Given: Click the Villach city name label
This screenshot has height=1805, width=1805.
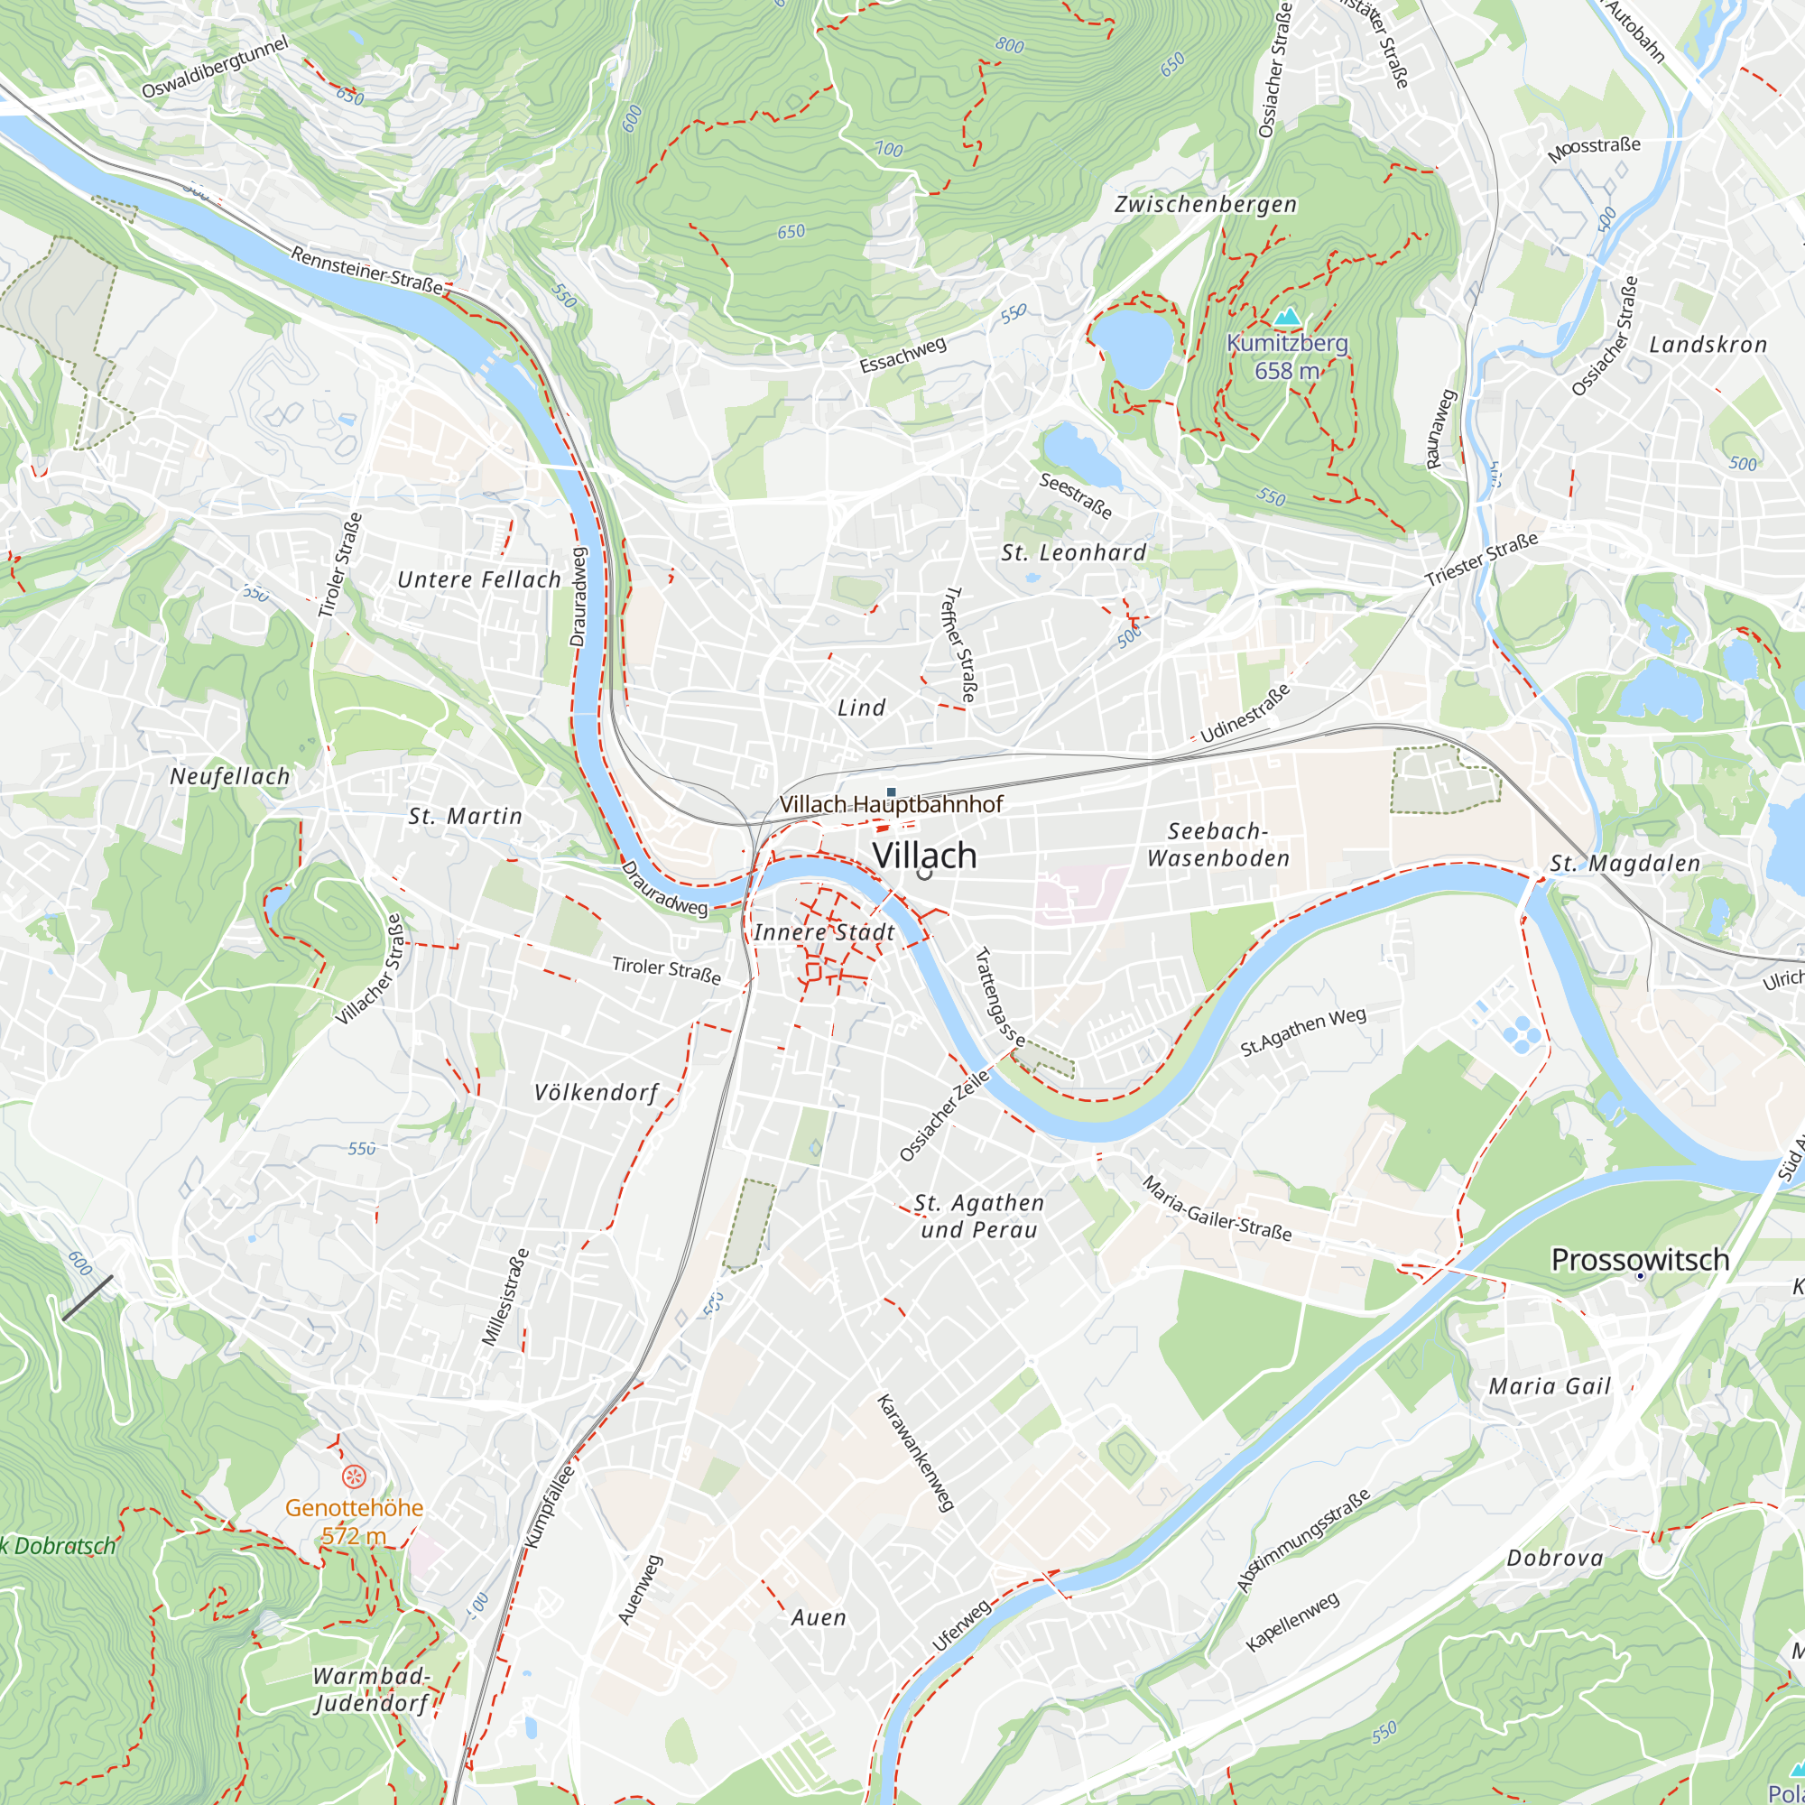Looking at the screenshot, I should (x=924, y=855).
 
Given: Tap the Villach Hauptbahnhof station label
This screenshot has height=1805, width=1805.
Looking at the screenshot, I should (x=892, y=804).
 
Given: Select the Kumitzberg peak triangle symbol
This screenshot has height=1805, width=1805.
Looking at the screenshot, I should (x=1288, y=317).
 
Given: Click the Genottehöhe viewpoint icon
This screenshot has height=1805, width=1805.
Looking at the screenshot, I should (x=353, y=1476).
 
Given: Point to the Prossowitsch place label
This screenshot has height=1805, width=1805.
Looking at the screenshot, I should (x=1640, y=1259).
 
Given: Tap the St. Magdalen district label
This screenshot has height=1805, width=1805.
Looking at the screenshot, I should (x=1624, y=864).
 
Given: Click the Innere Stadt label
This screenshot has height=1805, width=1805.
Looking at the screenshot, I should (x=824, y=932).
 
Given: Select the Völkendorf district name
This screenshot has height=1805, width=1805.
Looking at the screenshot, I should (x=596, y=1092).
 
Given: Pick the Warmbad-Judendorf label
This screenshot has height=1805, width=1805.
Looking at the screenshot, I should (x=371, y=1689).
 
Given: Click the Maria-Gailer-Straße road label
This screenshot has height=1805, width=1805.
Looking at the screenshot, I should (x=1217, y=1209).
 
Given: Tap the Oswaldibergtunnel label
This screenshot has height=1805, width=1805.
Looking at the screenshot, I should (x=215, y=68).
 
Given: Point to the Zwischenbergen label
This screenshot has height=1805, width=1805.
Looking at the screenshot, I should (x=1205, y=205).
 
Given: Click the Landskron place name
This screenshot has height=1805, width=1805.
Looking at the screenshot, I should (x=1708, y=345).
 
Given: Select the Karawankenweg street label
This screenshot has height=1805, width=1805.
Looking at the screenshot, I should (x=915, y=1453).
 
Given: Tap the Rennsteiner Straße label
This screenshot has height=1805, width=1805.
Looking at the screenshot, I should (x=366, y=270).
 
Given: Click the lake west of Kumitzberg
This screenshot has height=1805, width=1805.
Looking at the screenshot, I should (x=1133, y=347).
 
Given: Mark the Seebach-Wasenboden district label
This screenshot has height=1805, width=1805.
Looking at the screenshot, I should (x=1218, y=845).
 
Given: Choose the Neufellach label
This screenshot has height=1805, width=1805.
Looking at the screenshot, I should (x=230, y=776).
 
